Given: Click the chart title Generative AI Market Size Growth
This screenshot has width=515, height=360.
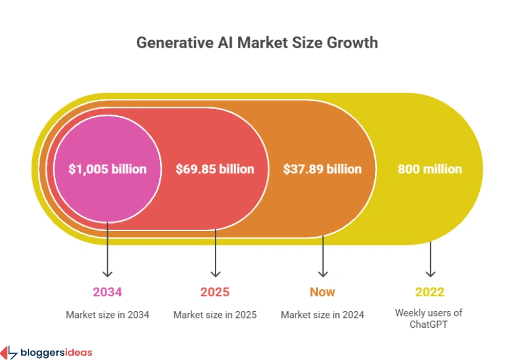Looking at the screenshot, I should [x=257, y=43].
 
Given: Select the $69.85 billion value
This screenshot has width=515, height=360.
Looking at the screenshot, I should [x=215, y=169].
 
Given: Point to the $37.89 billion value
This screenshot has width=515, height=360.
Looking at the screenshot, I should [x=322, y=169].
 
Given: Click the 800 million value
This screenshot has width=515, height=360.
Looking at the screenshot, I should [x=429, y=169].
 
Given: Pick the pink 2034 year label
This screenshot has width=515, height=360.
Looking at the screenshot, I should [x=107, y=292].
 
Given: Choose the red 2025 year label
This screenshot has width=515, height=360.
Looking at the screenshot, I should [x=215, y=292].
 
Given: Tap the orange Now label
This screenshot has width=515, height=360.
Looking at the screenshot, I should [x=322, y=292].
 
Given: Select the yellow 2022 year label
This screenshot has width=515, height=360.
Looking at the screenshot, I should [x=429, y=292].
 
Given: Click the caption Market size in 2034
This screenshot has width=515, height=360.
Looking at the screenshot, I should [x=107, y=315].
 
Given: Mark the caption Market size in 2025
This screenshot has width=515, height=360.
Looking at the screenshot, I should [x=215, y=315].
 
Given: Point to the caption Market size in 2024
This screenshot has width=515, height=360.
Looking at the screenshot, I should [x=322, y=315].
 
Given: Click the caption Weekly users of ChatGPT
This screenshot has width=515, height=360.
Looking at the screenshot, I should [x=429, y=318].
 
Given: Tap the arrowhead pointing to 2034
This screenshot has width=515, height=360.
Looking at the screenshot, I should [x=107, y=272].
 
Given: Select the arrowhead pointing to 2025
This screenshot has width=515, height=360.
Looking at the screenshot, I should [x=215, y=272].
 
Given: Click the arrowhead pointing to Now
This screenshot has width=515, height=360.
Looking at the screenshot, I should [x=322, y=272].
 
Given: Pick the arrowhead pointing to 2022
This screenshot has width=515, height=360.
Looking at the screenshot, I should [x=429, y=272].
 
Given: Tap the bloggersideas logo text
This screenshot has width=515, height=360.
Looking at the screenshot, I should [x=56, y=353].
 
